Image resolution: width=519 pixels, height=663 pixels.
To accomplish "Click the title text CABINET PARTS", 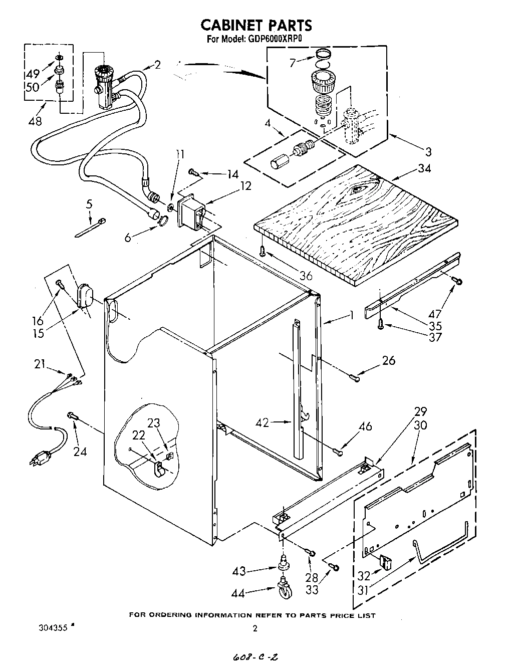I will pyautogui.click(x=256, y=25).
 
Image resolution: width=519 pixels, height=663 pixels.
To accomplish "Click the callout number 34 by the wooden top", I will pyautogui.click(x=424, y=169).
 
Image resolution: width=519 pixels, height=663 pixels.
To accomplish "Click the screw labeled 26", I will pyautogui.click(x=355, y=378).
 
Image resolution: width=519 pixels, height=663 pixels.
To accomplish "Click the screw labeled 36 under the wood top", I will pyautogui.click(x=262, y=250).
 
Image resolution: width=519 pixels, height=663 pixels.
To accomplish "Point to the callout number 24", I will pyautogui.click(x=80, y=452).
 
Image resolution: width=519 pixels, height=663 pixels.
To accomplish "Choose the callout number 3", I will pyautogui.click(x=428, y=152).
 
